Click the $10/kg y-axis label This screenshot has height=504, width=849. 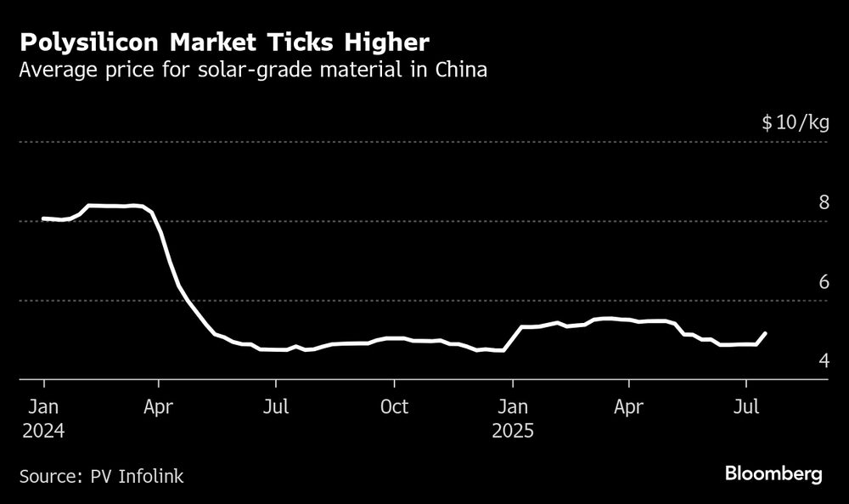pos(795,123)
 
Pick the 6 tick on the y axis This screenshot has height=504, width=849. pos(823,281)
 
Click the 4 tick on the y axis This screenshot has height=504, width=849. pos(823,361)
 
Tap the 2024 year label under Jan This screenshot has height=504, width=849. pos(42,430)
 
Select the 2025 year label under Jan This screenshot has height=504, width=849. pos(512,430)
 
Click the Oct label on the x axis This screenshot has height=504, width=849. pos(394,407)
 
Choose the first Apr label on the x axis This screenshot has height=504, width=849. pos(158,407)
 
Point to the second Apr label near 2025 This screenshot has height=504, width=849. pos(628,407)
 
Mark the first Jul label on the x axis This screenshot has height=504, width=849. pos(275,407)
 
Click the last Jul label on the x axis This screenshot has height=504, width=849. pos(745,407)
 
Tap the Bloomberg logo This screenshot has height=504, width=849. pos(773,474)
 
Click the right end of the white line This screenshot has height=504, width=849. pos(766,333)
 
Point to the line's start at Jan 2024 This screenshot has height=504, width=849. pos(43,218)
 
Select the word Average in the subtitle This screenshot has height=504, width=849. pos(56,71)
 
